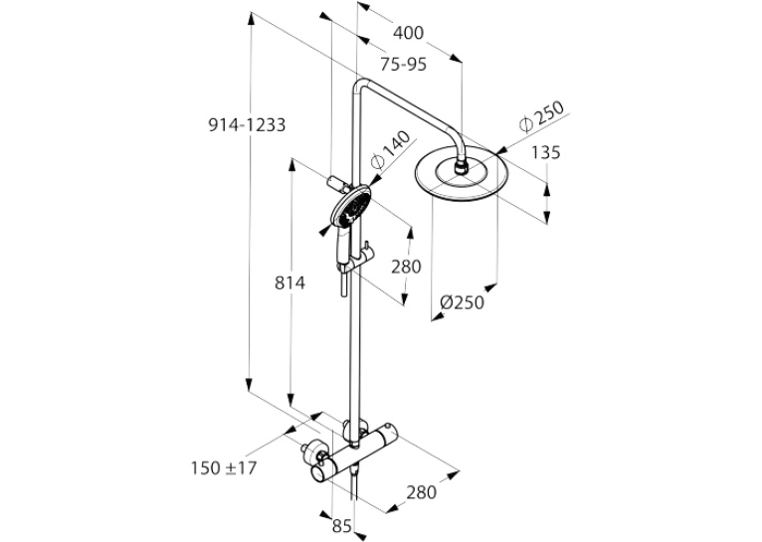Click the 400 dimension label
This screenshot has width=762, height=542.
click(408, 33)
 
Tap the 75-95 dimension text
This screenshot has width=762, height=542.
click(403, 64)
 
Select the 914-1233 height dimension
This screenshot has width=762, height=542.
click(247, 125)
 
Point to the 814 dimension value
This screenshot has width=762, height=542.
click(290, 282)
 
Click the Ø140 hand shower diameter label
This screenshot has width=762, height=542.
click(390, 149)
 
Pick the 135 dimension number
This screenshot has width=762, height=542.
click(545, 152)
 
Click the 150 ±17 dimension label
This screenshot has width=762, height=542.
click(224, 468)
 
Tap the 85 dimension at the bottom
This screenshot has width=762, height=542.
click(342, 525)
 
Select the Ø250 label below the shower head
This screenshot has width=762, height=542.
click(463, 302)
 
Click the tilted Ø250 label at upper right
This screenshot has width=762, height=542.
click(541, 116)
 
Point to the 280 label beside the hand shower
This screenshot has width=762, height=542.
click(406, 267)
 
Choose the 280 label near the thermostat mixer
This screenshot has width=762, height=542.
click(422, 492)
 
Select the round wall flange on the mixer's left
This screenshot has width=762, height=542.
click(314, 452)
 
